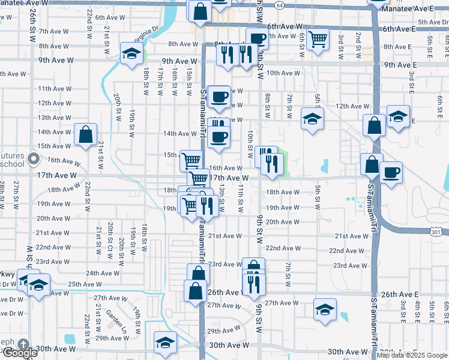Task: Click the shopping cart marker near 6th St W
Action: coord(318,40)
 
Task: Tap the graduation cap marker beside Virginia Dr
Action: coord(130,53)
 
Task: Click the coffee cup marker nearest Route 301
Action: coord(391,173)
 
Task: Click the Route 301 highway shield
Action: coord(436,231)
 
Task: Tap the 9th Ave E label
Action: coord(400,65)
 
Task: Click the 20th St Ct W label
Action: coord(110,236)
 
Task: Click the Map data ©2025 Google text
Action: coord(412,355)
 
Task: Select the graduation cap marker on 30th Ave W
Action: coord(164,343)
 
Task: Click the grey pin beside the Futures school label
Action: coord(34,160)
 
